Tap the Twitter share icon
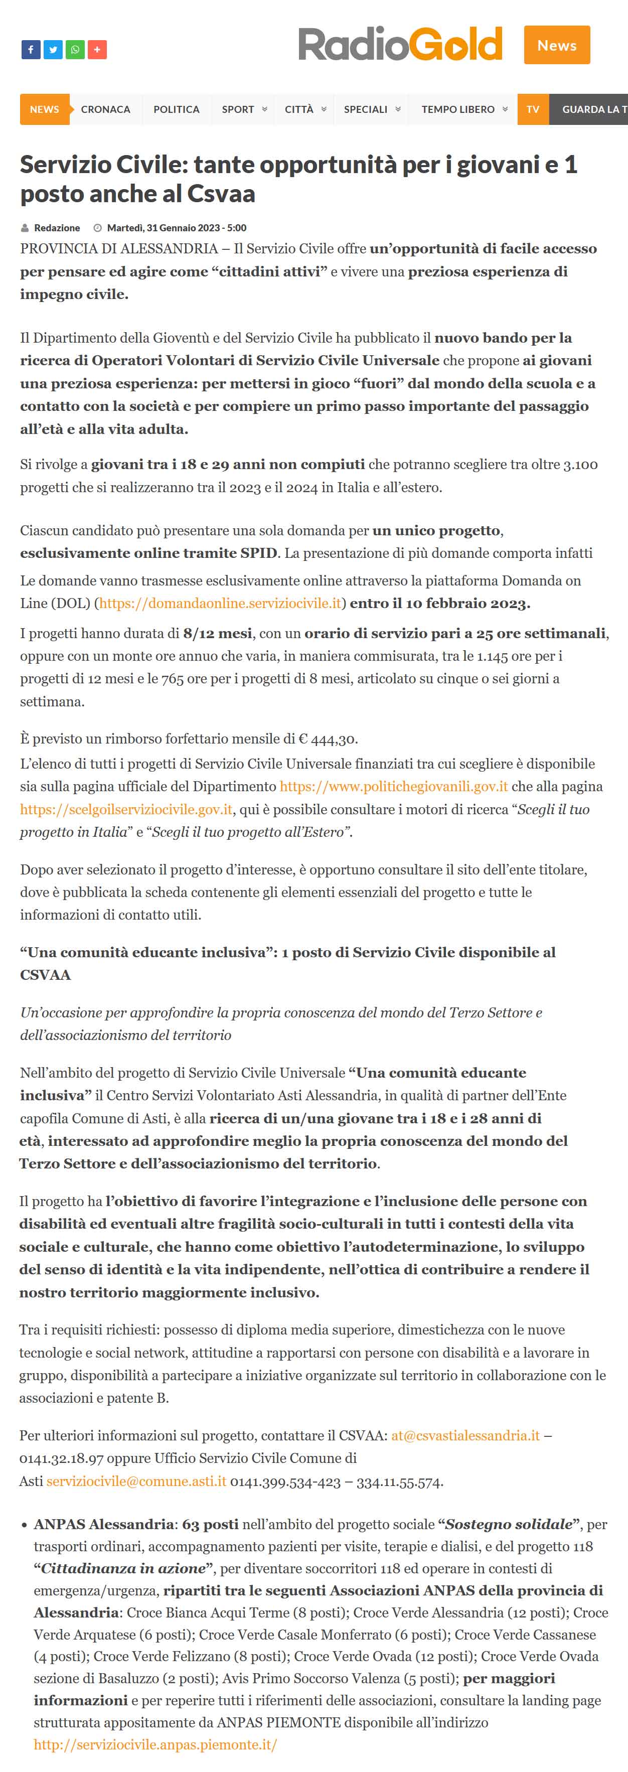coord(53,50)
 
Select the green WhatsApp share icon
coord(75,50)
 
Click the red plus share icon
coord(97,50)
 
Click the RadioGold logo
coord(400,44)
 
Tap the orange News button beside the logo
coord(556,45)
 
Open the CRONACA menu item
coord(105,109)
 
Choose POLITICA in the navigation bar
coord(176,109)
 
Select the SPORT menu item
coord(238,109)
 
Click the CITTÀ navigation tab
coord(299,109)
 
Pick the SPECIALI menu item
coord(365,109)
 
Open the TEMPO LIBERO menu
coord(458,109)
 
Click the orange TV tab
coord(532,109)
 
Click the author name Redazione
coord(57,228)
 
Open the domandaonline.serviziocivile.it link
coord(220,603)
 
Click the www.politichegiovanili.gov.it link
coord(393,786)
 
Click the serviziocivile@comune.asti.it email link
coord(136,1481)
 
